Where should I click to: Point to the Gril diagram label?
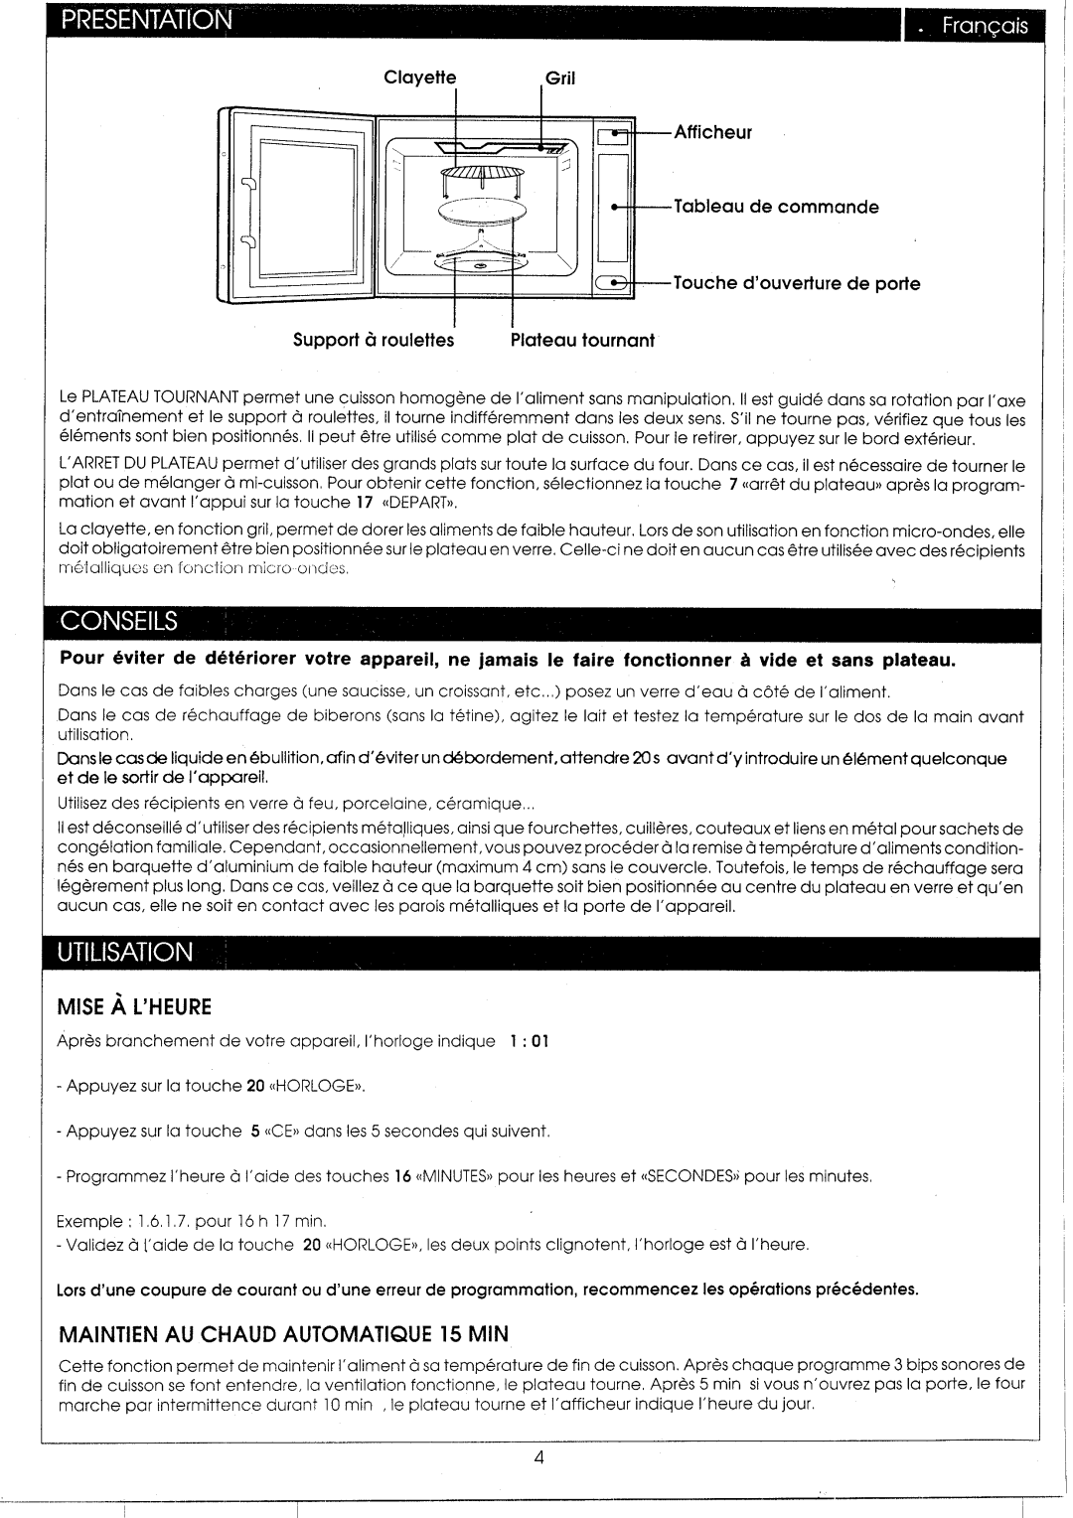(560, 78)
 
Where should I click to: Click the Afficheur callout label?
(713, 132)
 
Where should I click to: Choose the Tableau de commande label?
(776, 207)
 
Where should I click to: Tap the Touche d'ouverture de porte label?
(797, 283)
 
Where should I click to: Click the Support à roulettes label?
(373, 340)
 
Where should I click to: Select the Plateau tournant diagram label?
(582, 340)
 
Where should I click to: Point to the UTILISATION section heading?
(125, 952)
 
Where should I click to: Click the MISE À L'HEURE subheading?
(135, 1006)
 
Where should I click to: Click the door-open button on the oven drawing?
(612, 283)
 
